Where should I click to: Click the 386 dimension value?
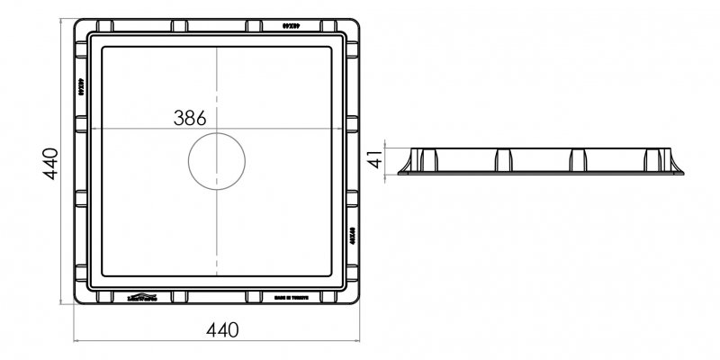point(190,118)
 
